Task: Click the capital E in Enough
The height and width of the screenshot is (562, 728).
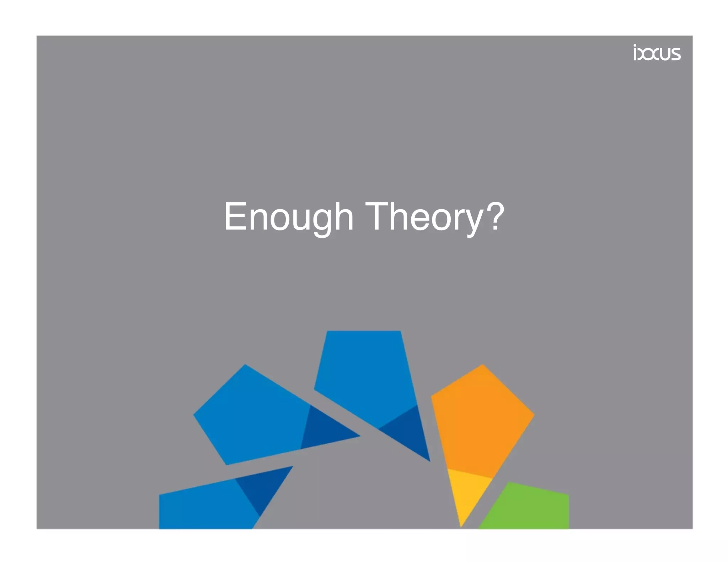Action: pyautogui.click(x=235, y=216)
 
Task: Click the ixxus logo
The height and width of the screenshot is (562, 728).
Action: pyautogui.click(x=656, y=53)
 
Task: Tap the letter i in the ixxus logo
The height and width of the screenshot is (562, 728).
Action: pyautogui.click(x=635, y=53)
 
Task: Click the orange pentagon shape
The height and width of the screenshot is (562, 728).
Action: pyautogui.click(x=480, y=419)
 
